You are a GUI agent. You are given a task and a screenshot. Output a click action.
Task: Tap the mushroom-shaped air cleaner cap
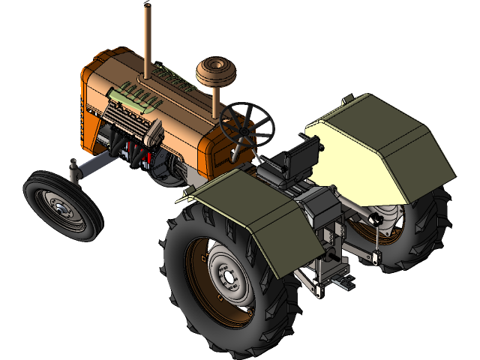(217, 71)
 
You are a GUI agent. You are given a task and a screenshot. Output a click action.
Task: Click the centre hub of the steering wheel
(244, 124)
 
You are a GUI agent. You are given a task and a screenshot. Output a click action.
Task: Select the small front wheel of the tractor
(62, 205)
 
